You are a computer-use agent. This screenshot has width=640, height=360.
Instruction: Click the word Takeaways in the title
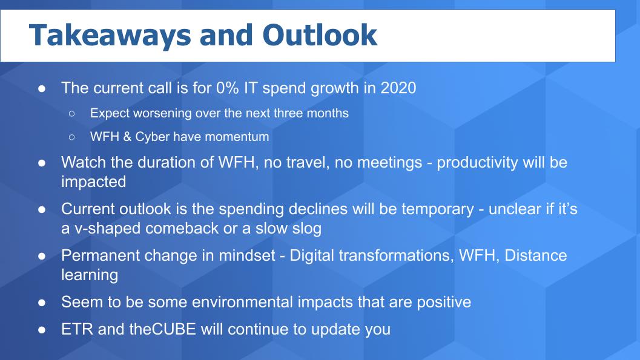coord(110,36)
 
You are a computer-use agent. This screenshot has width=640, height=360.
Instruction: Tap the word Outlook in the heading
coord(320,34)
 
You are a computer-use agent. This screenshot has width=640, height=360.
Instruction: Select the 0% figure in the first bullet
coord(228,88)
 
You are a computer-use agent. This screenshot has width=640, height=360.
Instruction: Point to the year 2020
coord(398,88)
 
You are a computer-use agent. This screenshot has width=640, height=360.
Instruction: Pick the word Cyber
coord(151,137)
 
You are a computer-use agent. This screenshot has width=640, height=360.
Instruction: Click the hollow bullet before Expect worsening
coord(72,114)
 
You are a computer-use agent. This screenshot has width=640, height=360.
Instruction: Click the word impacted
coord(93,182)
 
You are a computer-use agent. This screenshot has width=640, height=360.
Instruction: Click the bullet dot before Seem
coord(42,303)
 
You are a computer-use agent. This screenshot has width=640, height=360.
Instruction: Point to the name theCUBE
coord(162,329)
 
